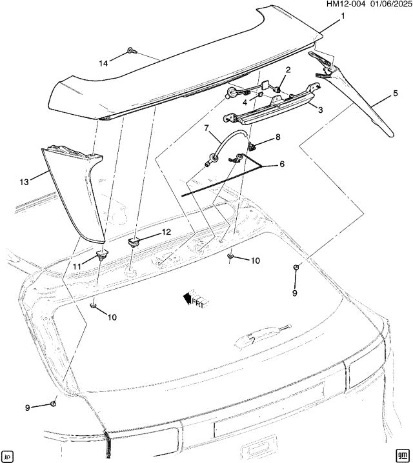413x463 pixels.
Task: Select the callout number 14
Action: pyautogui.click(x=103, y=63)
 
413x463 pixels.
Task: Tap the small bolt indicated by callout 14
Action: pyautogui.click(x=130, y=50)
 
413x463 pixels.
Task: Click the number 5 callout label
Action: pyautogui.click(x=394, y=94)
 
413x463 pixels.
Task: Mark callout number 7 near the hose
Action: pyautogui.click(x=278, y=137)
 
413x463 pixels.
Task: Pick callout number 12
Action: pyautogui.click(x=166, y=231)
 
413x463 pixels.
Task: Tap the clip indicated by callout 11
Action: pyautogui.click(x=101, y=255)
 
